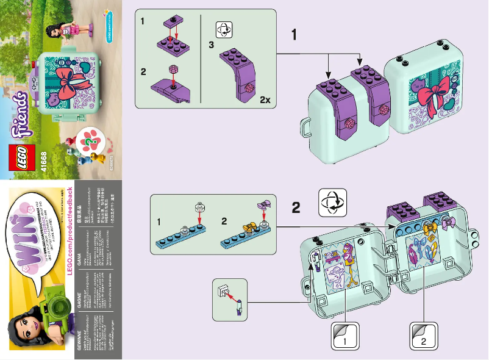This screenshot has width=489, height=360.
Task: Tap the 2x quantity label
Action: click(x=265, y=99)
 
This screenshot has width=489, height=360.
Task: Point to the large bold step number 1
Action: click(x=294, y=35)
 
